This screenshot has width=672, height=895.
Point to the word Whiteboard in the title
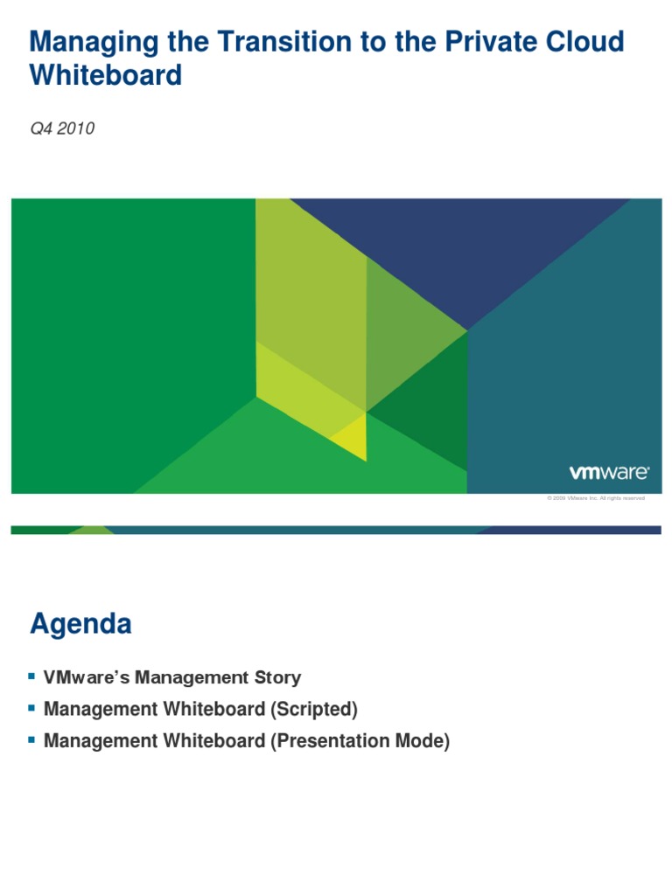tap(106, 75)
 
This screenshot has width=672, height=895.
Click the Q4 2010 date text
tap(62, 129)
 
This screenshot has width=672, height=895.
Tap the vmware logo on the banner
tap(609, 473)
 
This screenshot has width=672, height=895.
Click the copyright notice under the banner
tap(596, 498)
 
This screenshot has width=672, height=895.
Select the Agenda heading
tap(81, 624)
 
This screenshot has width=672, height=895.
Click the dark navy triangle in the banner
tap(464, 253)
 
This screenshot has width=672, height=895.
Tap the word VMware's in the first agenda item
tap(80, 677)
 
